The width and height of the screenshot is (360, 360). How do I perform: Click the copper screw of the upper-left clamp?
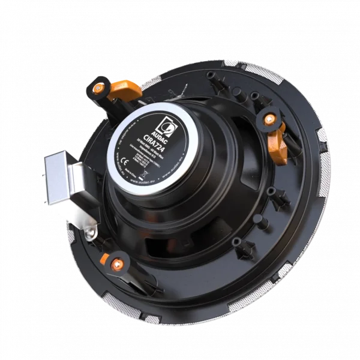[98, 88]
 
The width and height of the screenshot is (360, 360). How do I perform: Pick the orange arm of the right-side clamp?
[277, 144]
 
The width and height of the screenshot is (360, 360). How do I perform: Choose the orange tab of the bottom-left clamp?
[105, 259]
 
